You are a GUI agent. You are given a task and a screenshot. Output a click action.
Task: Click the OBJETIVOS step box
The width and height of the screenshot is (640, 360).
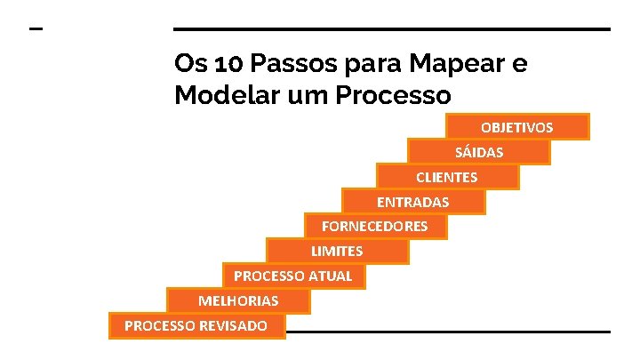coord(517,127)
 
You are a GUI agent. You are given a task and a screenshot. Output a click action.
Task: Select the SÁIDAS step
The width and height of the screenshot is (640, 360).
coord(479,152)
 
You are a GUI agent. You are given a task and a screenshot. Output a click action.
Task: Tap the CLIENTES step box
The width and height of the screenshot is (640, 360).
coord(447,177)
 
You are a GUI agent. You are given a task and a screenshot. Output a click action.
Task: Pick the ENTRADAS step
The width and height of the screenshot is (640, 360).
coord(413,202)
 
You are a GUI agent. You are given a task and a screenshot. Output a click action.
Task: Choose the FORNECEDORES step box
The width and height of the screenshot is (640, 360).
coord(375,227)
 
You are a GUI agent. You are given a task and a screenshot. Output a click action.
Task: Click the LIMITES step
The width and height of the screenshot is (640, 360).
coord(337,252)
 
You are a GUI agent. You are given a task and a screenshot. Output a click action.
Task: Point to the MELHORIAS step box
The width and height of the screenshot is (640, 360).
coord(238,301)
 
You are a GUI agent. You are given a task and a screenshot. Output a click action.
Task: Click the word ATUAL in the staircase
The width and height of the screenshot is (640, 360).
coord(330,276)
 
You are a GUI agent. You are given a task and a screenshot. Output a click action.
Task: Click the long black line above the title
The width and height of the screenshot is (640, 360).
coord(391,29)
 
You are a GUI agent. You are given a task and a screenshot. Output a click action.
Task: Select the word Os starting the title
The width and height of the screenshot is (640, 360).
coord(187,65)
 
